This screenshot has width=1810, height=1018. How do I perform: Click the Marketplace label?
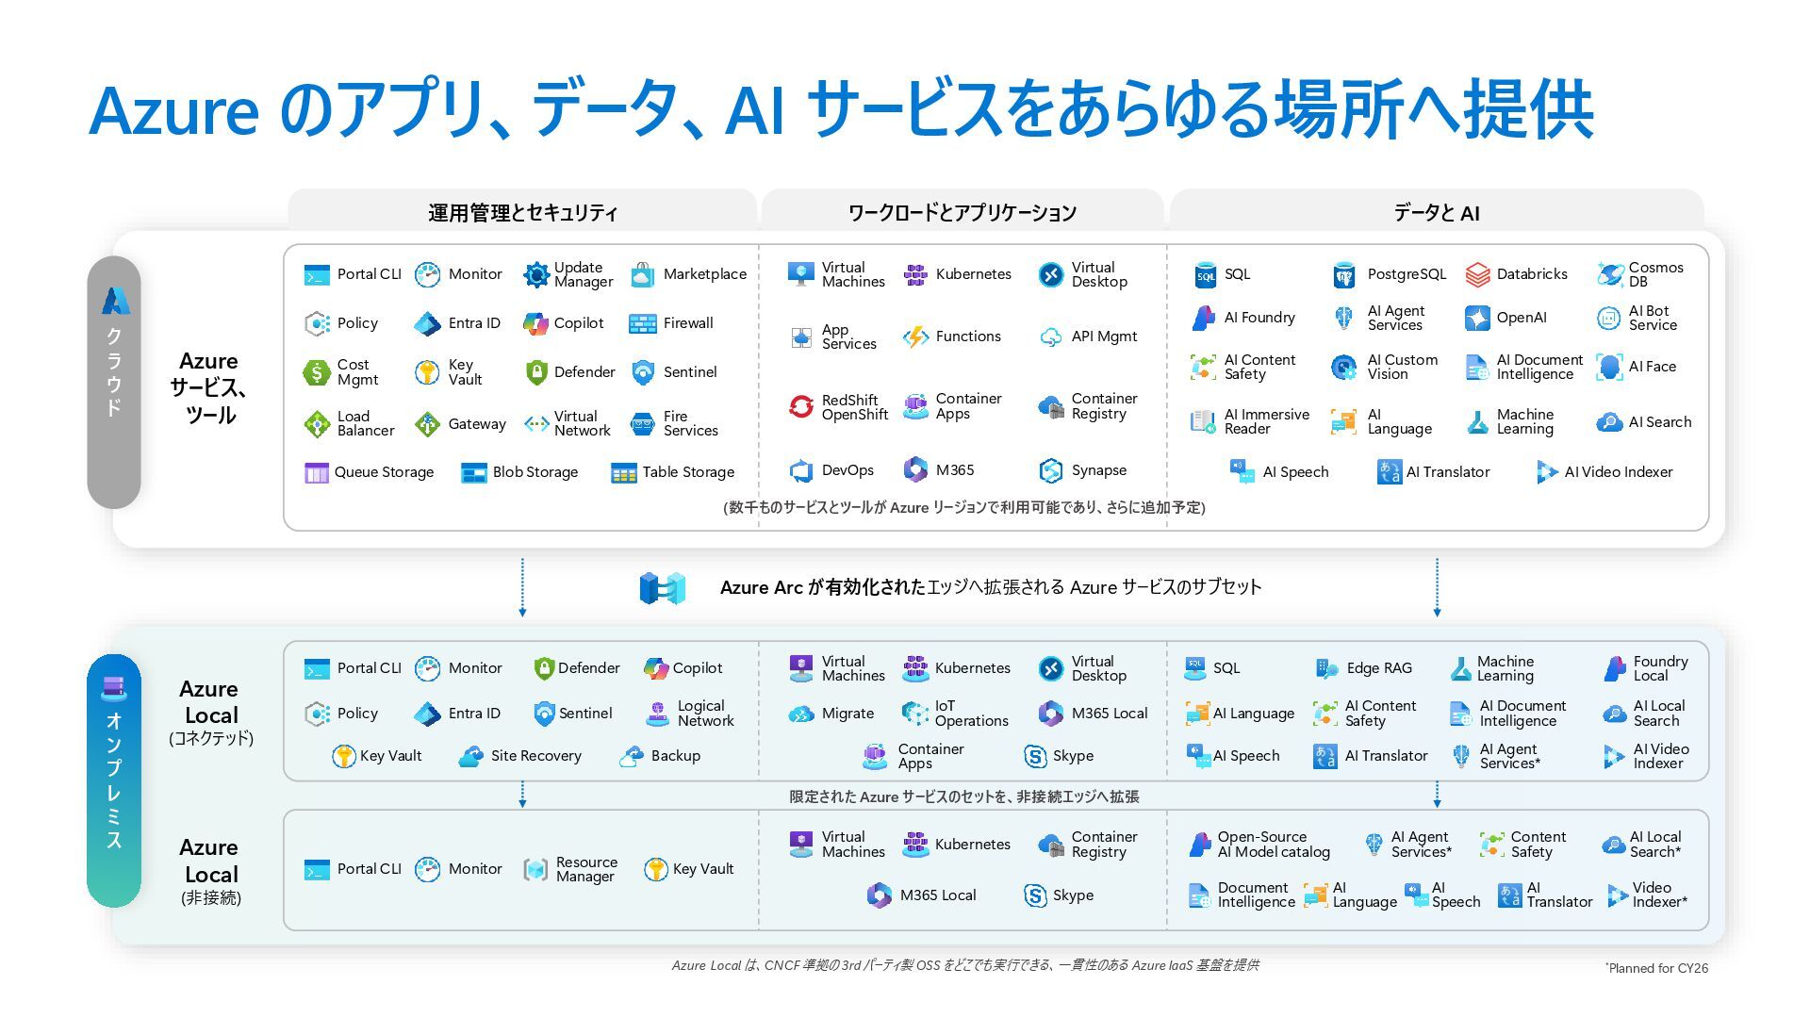[x=704, y=274]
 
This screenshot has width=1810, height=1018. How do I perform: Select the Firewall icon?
[x=643, y=324]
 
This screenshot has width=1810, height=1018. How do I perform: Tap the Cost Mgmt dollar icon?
[x=317, y=372]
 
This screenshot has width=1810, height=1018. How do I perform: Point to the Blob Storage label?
[x=535, y=472]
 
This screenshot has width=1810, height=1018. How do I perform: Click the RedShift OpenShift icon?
[x=801, y=407]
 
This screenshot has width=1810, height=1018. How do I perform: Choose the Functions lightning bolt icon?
[x=915, y=337]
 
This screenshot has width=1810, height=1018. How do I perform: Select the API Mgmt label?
[x=1104, y=337]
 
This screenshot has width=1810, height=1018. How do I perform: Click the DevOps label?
[x=847, y=470]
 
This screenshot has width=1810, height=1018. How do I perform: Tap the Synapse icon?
[x=1050, y=470]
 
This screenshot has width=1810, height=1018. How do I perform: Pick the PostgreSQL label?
[x=1407, y=274]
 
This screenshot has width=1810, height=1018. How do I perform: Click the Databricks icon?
[x=1477, y=274]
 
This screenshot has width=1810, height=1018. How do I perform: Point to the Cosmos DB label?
[x=1655, y=274]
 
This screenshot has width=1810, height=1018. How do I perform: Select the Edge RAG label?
[x=1379, y=668]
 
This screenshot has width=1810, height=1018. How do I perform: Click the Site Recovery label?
[x=535, y=756]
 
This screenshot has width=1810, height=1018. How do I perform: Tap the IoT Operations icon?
[x=914, y=714]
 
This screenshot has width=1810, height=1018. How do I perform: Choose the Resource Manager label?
[x=586, y=869]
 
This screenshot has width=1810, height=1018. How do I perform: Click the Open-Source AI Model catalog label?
[x=1274, y=845]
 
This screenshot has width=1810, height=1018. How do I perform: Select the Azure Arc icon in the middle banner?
[x=663, y=588]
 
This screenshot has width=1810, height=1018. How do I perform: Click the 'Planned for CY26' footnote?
[x=1656, y=968]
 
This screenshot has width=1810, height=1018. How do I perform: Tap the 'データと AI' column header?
[x=1436, y=213]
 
